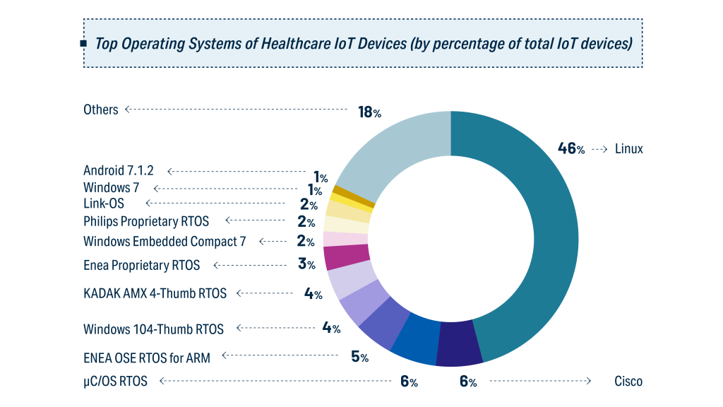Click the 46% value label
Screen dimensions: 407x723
(571, 149)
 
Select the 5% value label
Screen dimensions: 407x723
(359, 356)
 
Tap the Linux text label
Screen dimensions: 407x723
(628, 149)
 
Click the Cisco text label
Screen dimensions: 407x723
(628, 382)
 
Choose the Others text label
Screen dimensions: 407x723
(101, 110)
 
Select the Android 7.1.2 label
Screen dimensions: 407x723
(119, 170)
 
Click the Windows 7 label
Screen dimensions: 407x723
(111, 188)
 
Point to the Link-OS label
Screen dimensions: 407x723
(104, 204)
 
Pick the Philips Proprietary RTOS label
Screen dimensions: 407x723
(146, 221)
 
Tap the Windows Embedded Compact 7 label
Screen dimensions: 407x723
(165, 241)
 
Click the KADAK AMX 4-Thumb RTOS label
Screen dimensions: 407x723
(155, 293)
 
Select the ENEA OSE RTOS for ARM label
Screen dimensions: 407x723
(147, 358)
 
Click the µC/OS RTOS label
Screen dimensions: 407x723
(115, 382)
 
